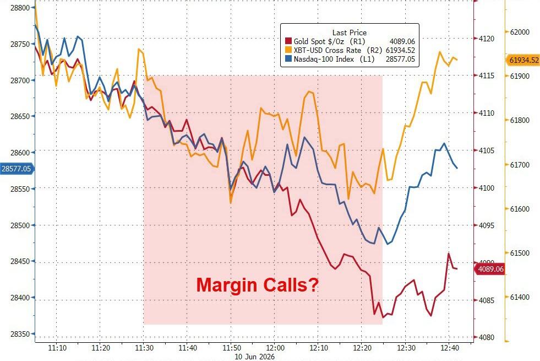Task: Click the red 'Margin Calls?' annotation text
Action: pos(257,285)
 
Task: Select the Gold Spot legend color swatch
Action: pos(288,41)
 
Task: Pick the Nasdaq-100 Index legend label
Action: pos(324,60)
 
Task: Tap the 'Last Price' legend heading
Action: pos(349,33)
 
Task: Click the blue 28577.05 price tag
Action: pos(17,169)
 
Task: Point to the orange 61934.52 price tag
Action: pos(523,60)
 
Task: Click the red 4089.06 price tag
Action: pos(490,269)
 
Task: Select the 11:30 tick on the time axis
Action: pos(144,348)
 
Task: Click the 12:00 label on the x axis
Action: pos(275,348)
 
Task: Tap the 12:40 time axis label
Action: pos(450,348)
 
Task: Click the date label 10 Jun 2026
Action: pos(254,357)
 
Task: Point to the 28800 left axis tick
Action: pos(20,8)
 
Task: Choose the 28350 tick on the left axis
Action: pos(20,334)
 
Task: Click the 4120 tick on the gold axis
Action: pos(487,39)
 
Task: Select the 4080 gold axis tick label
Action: pos(487,337)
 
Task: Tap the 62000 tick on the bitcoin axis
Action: pos(520,32)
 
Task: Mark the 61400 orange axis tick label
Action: pos(520,297)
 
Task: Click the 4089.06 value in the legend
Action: pos(402,41)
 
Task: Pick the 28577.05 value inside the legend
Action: pos(400,60)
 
